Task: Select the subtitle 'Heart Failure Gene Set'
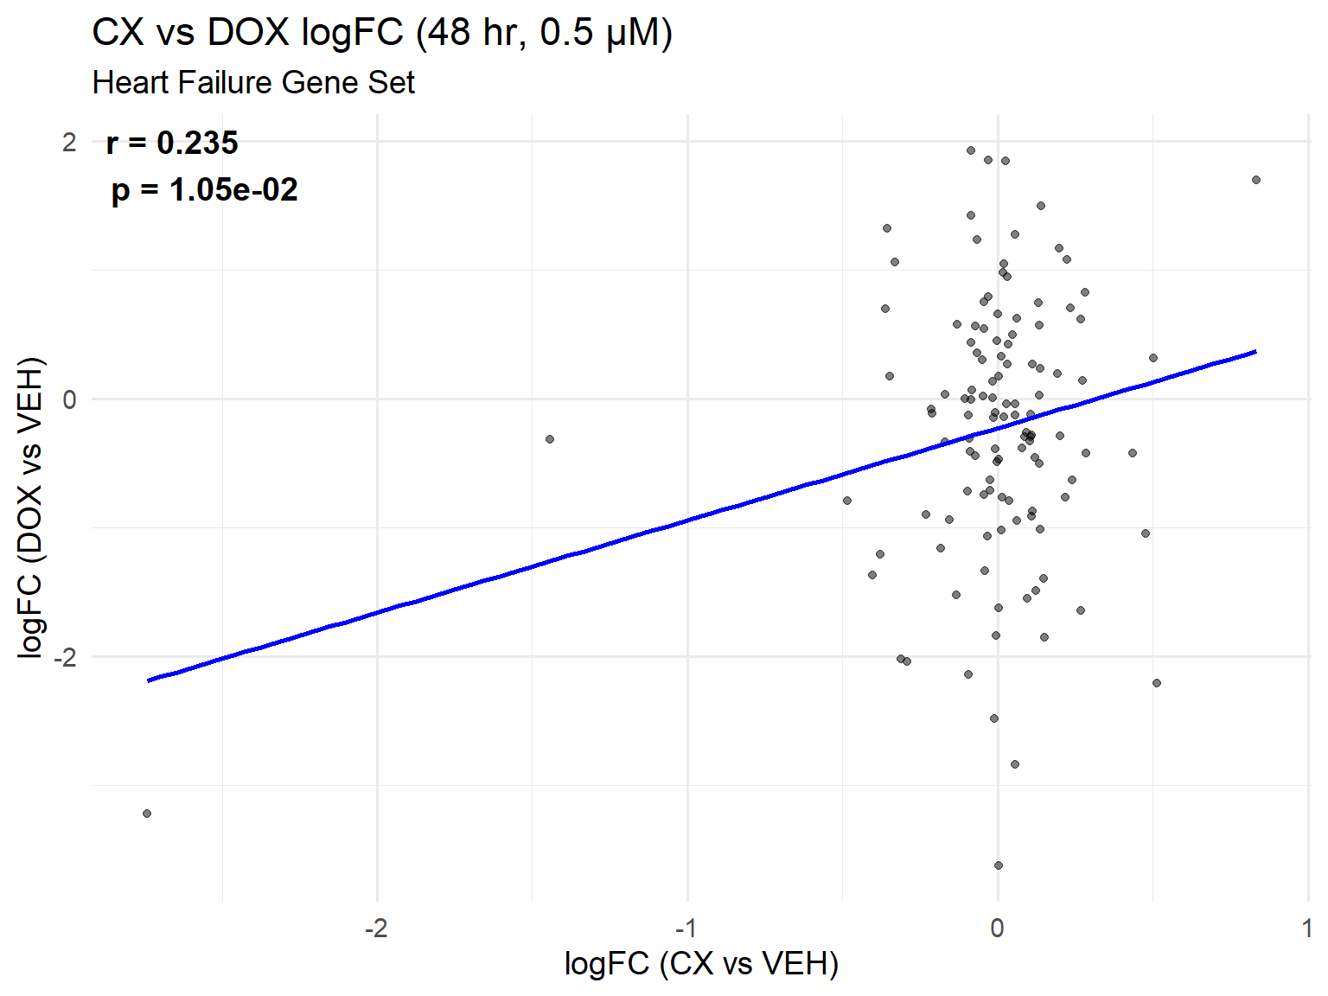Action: pos(253,83)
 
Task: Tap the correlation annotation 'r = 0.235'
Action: pos(172,144)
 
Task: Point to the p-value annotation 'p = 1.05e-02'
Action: pos(204,190)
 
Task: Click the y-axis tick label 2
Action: pos(69,142)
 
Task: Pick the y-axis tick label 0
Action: pos(69,399)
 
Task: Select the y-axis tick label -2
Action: pos(65,657)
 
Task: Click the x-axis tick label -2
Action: pos(375,929)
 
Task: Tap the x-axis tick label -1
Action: pos(686,929)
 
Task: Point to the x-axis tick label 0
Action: pos(998,929)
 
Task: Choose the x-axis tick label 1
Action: pos(1306,929)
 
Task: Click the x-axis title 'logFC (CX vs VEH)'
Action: pos(701,963)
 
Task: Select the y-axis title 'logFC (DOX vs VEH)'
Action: pos(31,508)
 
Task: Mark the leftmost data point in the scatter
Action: pos(147,814)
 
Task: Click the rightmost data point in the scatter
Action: pos(1256,180)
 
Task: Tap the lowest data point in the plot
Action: pos(999,865)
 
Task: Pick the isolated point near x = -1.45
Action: pos(550,439)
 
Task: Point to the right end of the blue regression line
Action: pos(1255,352)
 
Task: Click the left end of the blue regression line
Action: pos(149,680)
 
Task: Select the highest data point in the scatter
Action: pos(971,150)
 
